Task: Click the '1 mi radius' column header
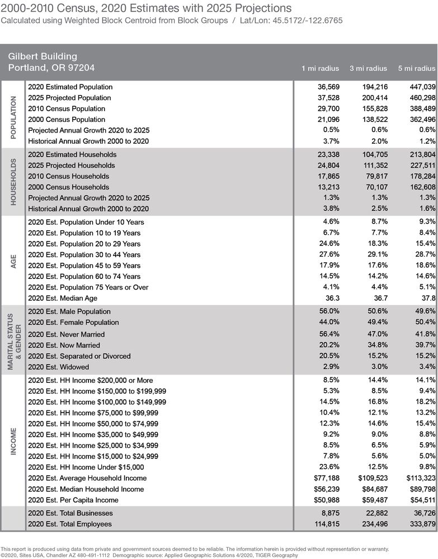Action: coord(320,68)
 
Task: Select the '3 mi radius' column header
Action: coord(368,68)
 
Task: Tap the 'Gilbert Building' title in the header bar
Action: coord(43,56)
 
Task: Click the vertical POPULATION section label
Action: coord(13,114)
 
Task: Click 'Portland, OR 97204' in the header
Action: coord(51,68)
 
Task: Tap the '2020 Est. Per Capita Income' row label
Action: coord(73,500)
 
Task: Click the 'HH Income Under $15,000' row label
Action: coord(86,467)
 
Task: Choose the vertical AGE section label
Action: coord(13,260)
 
